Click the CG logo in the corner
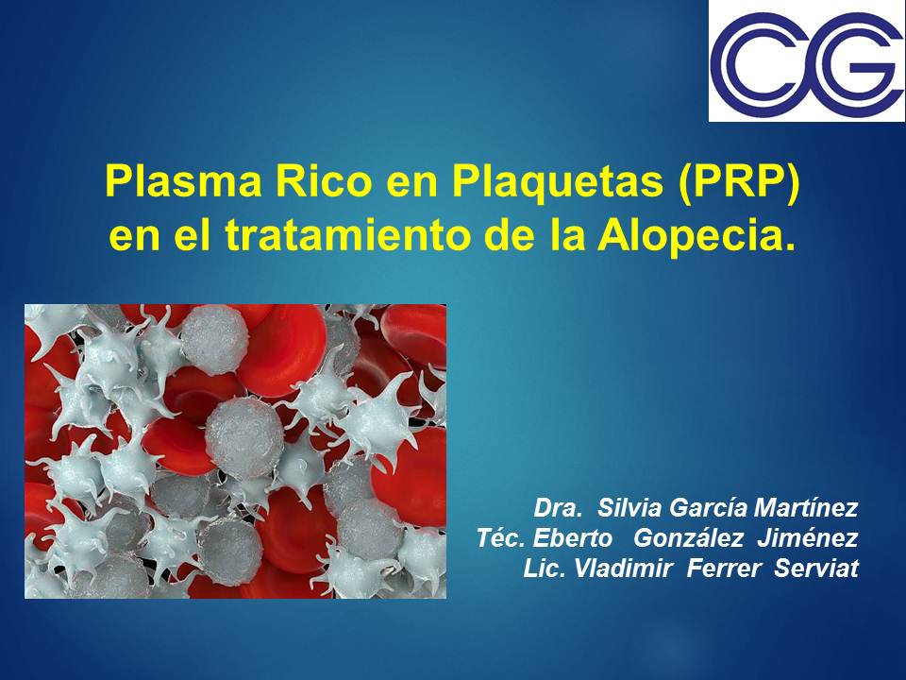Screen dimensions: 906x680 (807, 61)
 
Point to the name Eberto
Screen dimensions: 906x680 (572, 537)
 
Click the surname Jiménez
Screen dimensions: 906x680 (808, 537)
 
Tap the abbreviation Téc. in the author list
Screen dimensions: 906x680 (501, 537)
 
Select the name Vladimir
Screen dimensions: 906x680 (624, 568)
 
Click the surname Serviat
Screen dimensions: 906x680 (816, 568)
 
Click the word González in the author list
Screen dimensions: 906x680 (688, 537)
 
